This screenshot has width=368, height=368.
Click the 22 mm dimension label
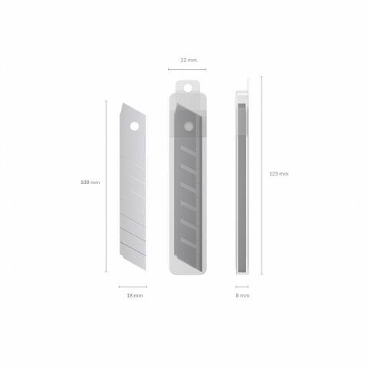point(189,61)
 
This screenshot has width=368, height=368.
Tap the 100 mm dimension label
point(90,182)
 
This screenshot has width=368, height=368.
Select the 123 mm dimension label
point(279,174)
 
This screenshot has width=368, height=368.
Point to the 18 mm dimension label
point(135,295)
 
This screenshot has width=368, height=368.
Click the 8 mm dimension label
point(242,295)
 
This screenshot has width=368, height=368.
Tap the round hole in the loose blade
point(134,127)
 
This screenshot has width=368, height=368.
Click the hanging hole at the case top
point(188,87)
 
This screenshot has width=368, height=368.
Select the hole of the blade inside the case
point(189,126)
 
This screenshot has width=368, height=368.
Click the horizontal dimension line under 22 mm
point(187,69)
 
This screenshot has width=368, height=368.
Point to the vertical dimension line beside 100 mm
point(106,186)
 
